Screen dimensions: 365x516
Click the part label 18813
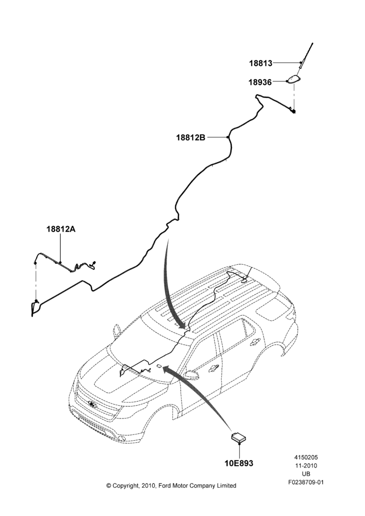pos(261,63)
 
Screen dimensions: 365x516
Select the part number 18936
pos(260,82)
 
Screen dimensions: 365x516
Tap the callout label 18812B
pos(191,137)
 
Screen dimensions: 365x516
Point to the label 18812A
pos(61,229)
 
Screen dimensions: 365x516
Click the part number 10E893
pos(239,463)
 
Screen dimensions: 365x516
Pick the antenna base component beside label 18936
pos(295,79)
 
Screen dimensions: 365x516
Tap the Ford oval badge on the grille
pos(92,404)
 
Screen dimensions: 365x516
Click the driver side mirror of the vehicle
pos(190,374)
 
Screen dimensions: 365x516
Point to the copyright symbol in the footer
pos(109,486)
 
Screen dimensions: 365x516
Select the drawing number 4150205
pos(306,457)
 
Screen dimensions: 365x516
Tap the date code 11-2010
pos(306,465)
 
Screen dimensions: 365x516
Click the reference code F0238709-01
pos(306,482)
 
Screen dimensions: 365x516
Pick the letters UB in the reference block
pos(306,474)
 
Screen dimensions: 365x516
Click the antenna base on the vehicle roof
pos(245,280)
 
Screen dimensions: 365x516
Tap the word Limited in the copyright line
pos(226,486)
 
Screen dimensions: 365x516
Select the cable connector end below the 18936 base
pos(293,111)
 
